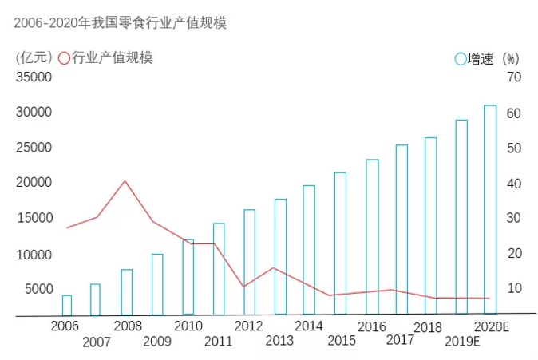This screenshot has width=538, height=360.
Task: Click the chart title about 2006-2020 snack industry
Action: (121, 23)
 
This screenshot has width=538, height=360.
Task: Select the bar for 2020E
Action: (490, 209)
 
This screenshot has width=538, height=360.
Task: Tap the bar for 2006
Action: (67, 306)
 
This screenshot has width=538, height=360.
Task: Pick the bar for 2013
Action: (280, 256)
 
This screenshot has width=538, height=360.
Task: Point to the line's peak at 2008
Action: (125, 181)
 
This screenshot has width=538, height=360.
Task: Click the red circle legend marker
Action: (64, 57)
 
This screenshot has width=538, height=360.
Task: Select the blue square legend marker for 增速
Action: (460, 58)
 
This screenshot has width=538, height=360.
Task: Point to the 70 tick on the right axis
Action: (512, 77)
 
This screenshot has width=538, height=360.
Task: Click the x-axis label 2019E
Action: (462, 342)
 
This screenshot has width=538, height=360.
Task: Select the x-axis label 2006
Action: (65, 326)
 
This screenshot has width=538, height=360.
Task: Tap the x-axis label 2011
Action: (218, 342)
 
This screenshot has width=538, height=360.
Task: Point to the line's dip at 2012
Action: (243, 286)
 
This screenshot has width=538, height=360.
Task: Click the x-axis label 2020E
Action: (491, 326)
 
